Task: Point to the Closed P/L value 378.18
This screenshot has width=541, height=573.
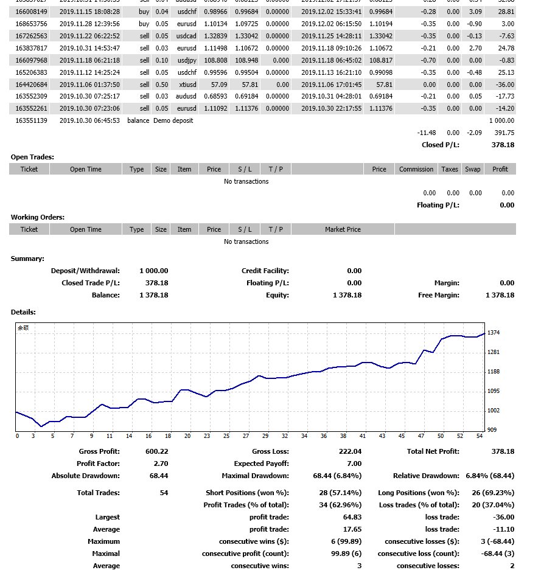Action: (503, 145)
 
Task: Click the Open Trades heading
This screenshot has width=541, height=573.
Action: (32, 157)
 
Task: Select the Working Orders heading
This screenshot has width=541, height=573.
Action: (38, 217)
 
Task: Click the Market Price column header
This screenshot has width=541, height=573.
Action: (343, 229)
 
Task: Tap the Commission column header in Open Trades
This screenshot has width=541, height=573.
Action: (416, 169)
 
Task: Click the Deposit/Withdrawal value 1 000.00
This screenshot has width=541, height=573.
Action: (153, 271)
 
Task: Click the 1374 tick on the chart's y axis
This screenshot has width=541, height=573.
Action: (494, 333)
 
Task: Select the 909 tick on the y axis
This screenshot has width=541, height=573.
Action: (492, 430)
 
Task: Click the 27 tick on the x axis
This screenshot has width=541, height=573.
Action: (245, 436)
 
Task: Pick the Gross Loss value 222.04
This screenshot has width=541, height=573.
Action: (350, 451)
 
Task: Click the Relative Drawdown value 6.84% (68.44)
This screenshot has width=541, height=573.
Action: (490, 476)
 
